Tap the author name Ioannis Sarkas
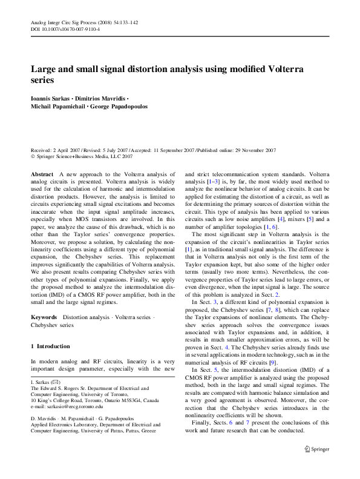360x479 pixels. pyautogui.click(x=51, y=97)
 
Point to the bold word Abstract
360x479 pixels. pyautogui.click(x=42, y=174)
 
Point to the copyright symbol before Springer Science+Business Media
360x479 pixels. pyautogui.click(x=33, y=156)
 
